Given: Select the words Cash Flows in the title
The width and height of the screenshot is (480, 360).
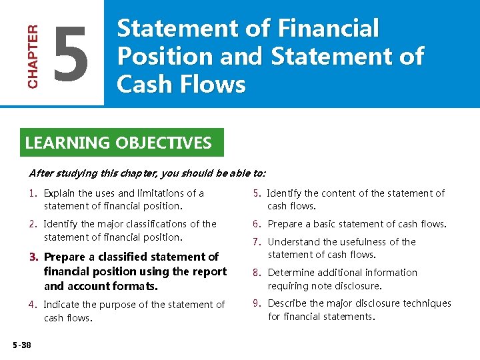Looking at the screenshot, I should click(x=181, y=85).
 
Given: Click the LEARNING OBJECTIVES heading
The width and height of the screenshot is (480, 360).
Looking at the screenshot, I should click(x=118, y=143).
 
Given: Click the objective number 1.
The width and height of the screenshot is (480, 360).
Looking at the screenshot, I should click(x=32, y=193).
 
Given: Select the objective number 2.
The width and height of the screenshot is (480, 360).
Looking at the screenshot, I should click(x=33, y=224).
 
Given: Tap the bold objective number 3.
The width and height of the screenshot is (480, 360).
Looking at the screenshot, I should click(x=33, y=257).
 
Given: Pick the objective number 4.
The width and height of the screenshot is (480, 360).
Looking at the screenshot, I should click(x=33, y=305).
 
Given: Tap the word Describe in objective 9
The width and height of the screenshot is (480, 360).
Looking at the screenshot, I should click(x=287, y=303).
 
